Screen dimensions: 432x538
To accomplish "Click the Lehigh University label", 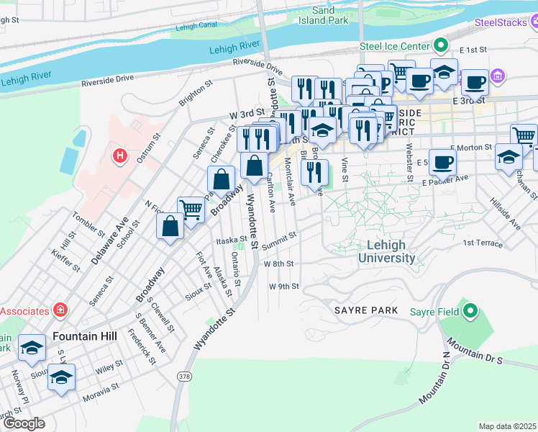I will tap(386, 251).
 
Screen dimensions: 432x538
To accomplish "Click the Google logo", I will tap(24, 423).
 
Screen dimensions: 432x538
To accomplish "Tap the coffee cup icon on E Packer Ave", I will tap(442, 162).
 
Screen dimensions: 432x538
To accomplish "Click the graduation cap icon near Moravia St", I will tap(62, 377).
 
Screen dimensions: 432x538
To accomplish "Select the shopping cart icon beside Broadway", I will tap(191, 210).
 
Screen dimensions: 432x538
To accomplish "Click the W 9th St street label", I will tap(283, 286).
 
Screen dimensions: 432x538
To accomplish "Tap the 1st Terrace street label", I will tap(482, 243).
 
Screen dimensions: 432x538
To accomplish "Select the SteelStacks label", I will tap(501, 23).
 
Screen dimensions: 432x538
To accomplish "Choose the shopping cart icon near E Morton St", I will tap(524, 136).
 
